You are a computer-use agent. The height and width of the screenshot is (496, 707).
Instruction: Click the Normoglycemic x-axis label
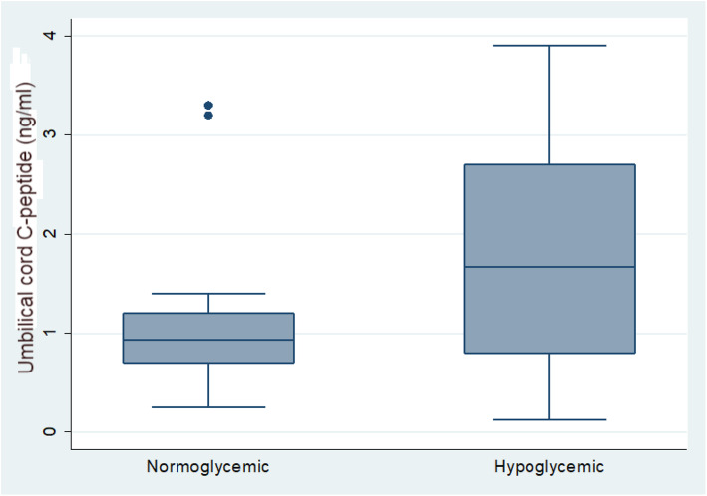click(x=207, y=465)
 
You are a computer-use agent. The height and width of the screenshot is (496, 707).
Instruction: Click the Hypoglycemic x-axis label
click(x=548, y=465)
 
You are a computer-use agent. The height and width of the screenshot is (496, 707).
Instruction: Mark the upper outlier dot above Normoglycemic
click(x=208, y=105)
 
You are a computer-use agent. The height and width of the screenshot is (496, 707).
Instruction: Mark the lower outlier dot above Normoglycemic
click(x=208, y=116)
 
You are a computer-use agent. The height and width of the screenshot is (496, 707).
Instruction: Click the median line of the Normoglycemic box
click(x=208, y=340)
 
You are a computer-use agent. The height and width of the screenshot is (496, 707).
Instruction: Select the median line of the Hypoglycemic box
click(x=549, y=267)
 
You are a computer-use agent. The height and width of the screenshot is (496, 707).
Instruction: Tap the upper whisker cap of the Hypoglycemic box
click(x=549, y=45)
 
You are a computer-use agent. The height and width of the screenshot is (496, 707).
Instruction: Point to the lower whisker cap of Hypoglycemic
click(x=549, y=420)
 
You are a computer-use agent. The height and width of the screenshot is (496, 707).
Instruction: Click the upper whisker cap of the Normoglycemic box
click(x=208, y=294)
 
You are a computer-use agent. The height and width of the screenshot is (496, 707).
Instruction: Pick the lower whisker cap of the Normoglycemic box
click(x=208, y=407)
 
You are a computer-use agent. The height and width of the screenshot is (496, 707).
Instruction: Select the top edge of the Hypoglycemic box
click(x=549, y=164)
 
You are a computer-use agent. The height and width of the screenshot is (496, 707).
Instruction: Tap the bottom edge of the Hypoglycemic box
click(x=549, y=353)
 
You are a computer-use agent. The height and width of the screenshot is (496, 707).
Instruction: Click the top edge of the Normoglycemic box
click(x=208, y=314)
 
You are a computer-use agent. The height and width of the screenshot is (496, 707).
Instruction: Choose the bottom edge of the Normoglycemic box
click(x=208, y=363)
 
